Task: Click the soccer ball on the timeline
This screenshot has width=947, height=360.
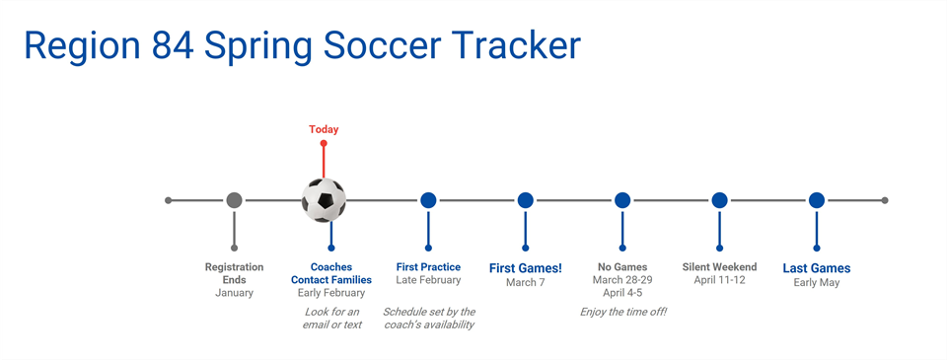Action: pyautogui.click(x=324, y=200)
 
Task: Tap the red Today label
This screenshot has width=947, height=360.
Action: pyautogui.click(x=324, y=129)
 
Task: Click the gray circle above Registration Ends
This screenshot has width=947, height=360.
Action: pyautogui.click(x=234, y=200)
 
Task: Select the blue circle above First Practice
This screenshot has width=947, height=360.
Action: pyautogui.click(x=428, y=200)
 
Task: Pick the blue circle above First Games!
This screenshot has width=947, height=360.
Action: pyautogui.click(x=525, y=200)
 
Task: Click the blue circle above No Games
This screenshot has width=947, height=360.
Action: pyautogui.click(x=622, y=200)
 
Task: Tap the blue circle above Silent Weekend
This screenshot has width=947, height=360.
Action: pyautogui.click(x=719, y=200)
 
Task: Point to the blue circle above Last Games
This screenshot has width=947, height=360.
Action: pyautogui.click(x=817, y=200)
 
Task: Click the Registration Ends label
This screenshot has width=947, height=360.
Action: pyautogui.click(x=234, y=273)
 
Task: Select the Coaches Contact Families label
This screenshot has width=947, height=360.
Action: pyautogui.click(x=331, y=273)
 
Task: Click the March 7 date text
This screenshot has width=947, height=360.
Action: pyautogui.click(x=525, y=283)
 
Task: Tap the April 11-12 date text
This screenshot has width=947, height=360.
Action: pyautogui.click(x=719, y=280)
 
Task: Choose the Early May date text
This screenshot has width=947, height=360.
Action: pyautogui.click(x=817, y=283)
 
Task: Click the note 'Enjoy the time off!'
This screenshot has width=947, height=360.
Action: pyautogui.click(x=622, y=312)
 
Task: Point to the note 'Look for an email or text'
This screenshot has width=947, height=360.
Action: pyautogui.click(x=331, y=318)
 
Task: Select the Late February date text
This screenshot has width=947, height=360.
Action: pyautogui.click(x=428, y=280)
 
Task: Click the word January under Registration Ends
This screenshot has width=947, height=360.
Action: pyautogui.click(x=234, y=293)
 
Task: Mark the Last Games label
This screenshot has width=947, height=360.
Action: pyautogui.click(x=817, y=268)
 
